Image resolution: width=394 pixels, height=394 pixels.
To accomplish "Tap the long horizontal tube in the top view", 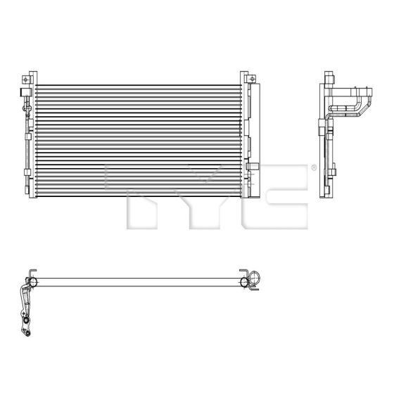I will click(x=141, y=283).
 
